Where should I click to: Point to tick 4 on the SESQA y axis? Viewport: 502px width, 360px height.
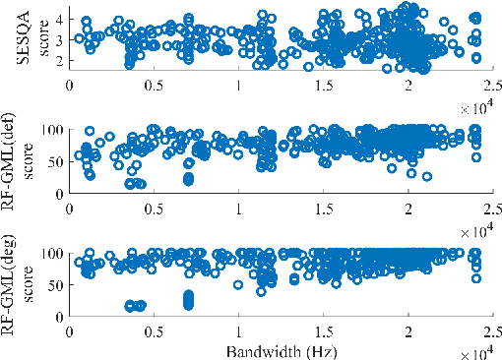(x=58, y=19)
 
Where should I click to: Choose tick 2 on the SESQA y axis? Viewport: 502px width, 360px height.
(x=58, y=60)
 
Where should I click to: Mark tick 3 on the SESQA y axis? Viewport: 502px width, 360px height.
(x=58, y=39)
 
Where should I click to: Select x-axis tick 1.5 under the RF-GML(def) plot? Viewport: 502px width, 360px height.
(x=323, y=209)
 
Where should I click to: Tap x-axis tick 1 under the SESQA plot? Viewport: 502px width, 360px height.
(x=238, y=87)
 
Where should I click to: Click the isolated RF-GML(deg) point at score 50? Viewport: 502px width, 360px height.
(x=238, y=285)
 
